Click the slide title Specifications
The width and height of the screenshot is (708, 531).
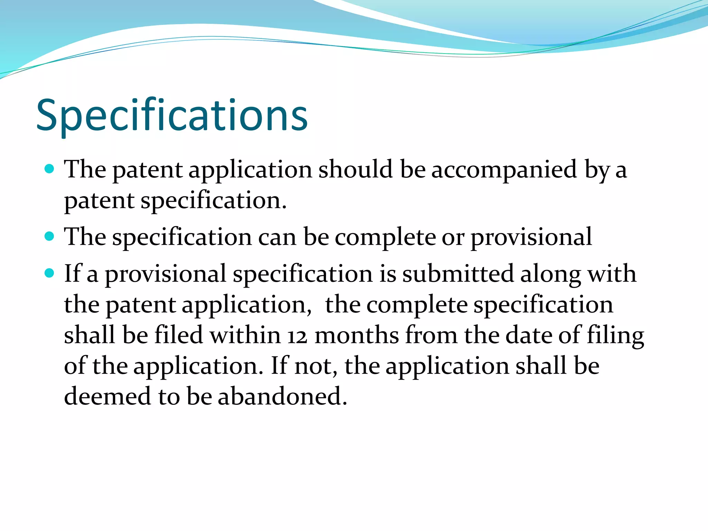click(172, 115)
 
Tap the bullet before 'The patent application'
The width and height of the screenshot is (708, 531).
click(50, 169)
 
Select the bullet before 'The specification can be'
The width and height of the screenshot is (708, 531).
click(50, 236)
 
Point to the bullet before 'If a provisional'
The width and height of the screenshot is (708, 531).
click(50, 273)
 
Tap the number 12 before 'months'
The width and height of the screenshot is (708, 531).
click(297, 336)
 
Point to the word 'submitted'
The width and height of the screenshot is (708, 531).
click(458, 274)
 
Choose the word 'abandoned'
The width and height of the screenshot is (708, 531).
click(282, 396)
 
